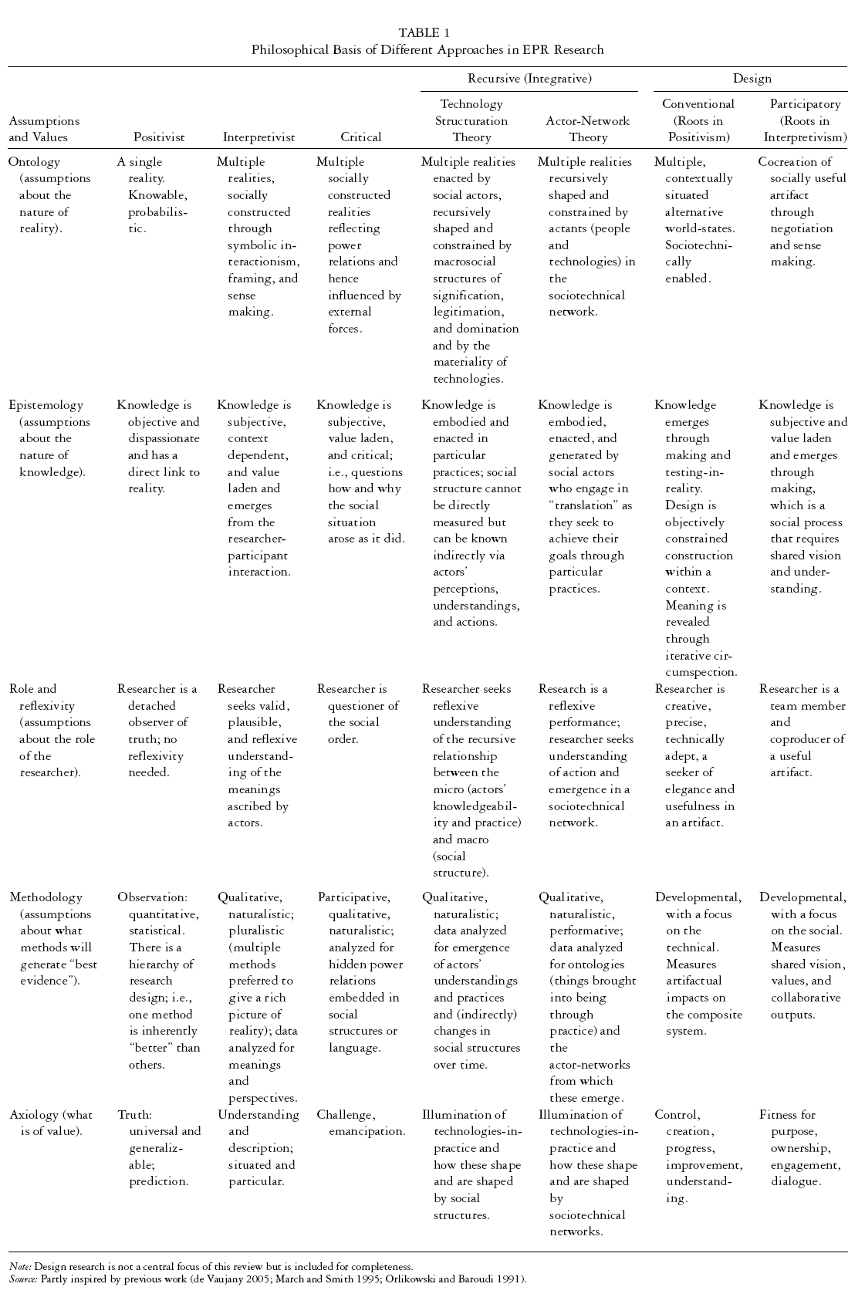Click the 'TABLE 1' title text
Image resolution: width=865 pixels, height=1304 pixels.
coord(424,32)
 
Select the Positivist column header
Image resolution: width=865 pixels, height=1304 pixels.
coord(159,137)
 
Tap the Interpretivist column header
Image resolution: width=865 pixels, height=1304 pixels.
coord(258,137)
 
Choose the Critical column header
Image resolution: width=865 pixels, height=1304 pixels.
coord(360,137)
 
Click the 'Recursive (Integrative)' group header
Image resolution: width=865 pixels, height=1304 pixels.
coord(529,79)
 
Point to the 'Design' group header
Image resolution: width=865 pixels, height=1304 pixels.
coord(752,79)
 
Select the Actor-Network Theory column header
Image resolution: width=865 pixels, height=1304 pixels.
coord(587,129)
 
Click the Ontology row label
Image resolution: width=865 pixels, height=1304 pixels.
coord(34,162)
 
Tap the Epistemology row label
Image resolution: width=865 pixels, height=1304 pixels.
coord(46,405)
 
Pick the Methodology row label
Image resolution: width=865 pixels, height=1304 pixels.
coord(46,897)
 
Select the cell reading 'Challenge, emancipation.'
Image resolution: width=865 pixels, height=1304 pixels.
coord(360,1123)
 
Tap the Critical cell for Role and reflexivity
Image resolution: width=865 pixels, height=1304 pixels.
coord(357,714)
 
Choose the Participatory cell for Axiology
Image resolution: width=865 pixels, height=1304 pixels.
coord(802,1147)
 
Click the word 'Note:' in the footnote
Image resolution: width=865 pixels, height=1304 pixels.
coord(21,1266)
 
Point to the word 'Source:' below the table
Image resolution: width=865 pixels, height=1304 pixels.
coord(23,1279)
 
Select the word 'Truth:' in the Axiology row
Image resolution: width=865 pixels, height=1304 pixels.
coord(135,1115)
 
